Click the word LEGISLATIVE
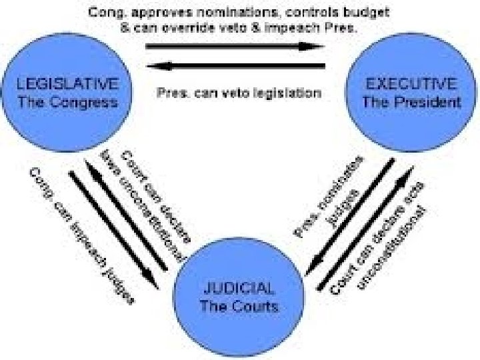(68, 84)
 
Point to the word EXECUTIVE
(411, 85)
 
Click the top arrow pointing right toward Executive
(236, 47)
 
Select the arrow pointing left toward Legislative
(236, 65)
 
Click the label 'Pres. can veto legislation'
(239, 93)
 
